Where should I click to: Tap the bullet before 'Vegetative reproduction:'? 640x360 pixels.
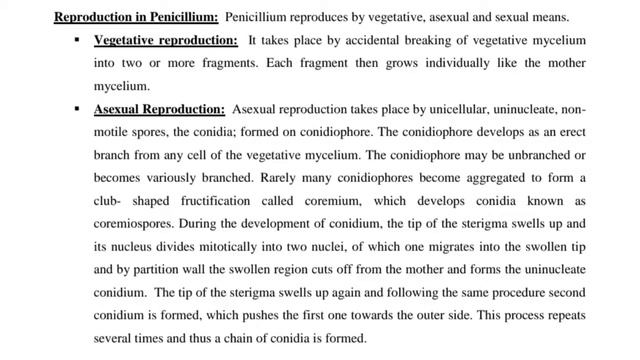pos(74,42)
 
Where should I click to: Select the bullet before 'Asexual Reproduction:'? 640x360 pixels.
pos(74,109)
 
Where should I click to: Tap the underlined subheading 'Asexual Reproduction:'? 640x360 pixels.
pos(158,109)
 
